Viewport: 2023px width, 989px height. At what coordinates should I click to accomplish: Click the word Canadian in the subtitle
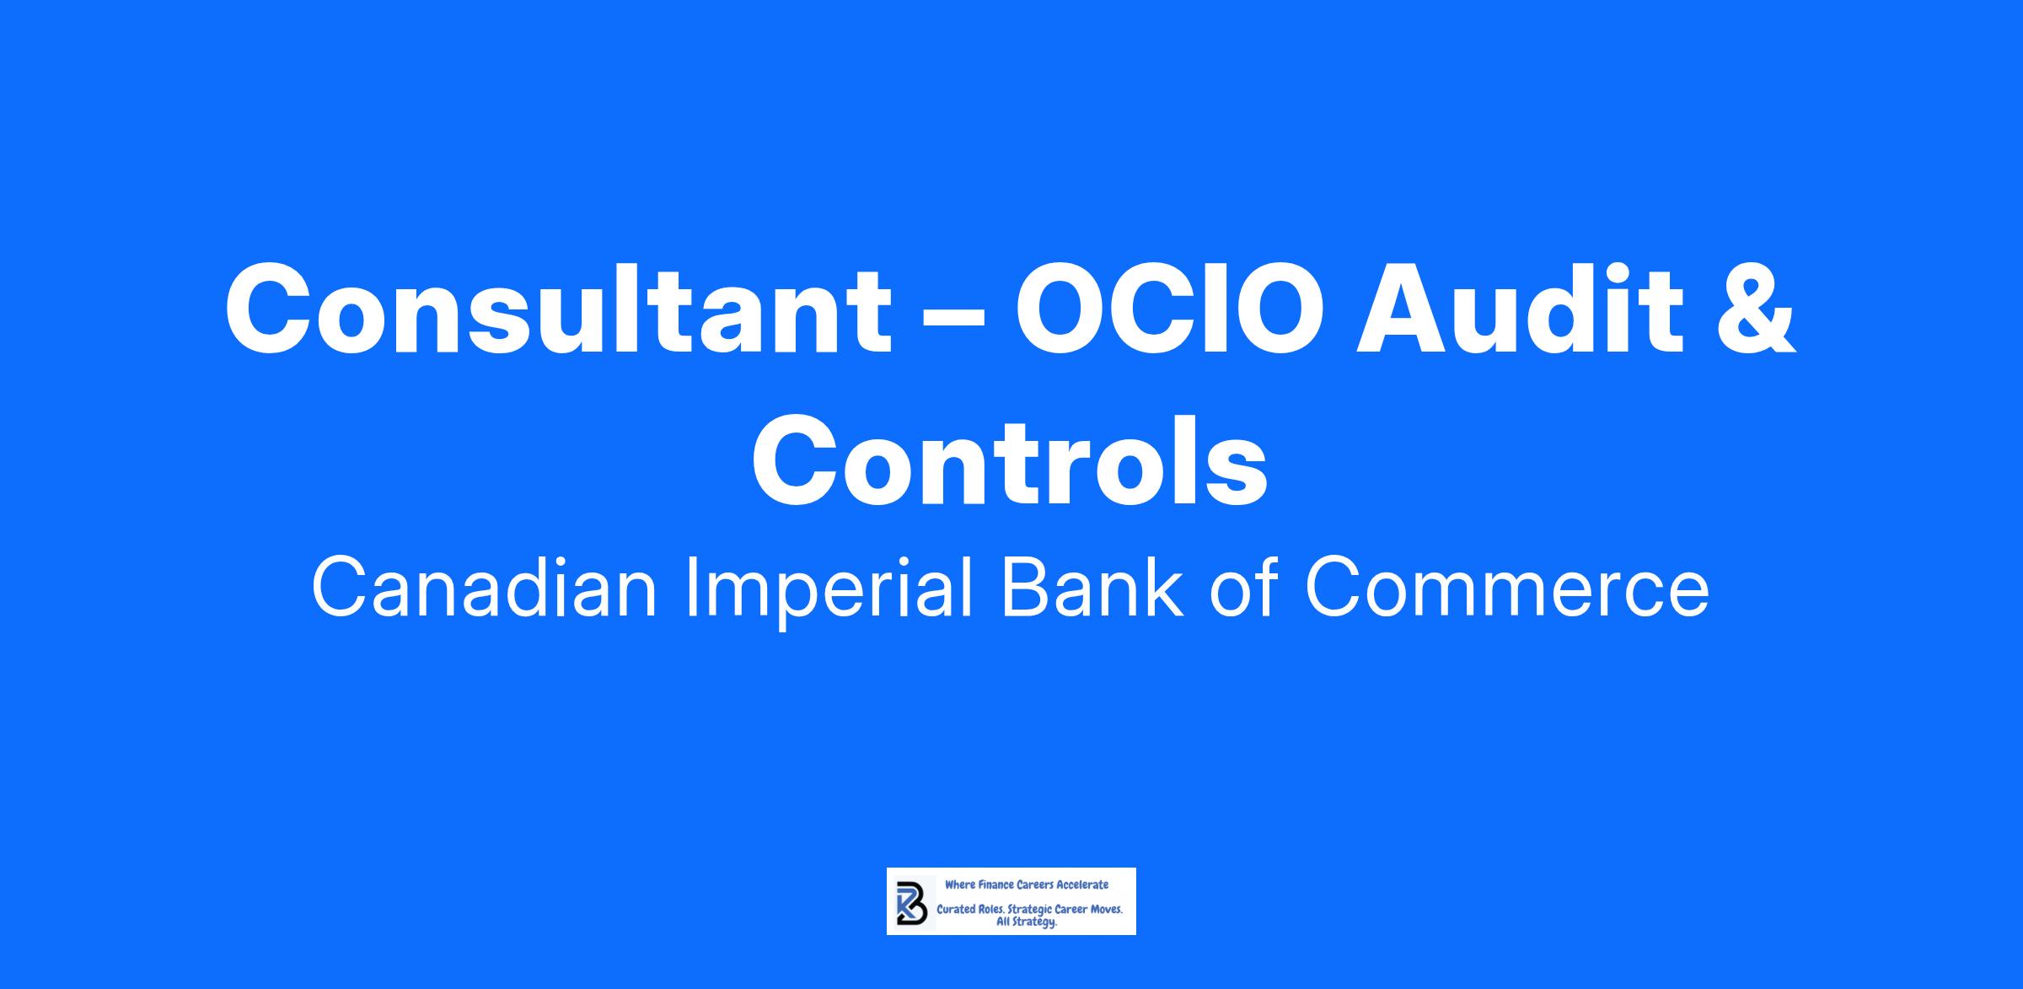pyautogui.click(x=485, y=588)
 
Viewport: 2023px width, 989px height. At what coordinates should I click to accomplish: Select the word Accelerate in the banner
pyautogui.click(x=1082, y=885)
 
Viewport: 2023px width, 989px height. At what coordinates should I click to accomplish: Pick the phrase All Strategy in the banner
pyautogui.click(x=1026, y=923)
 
